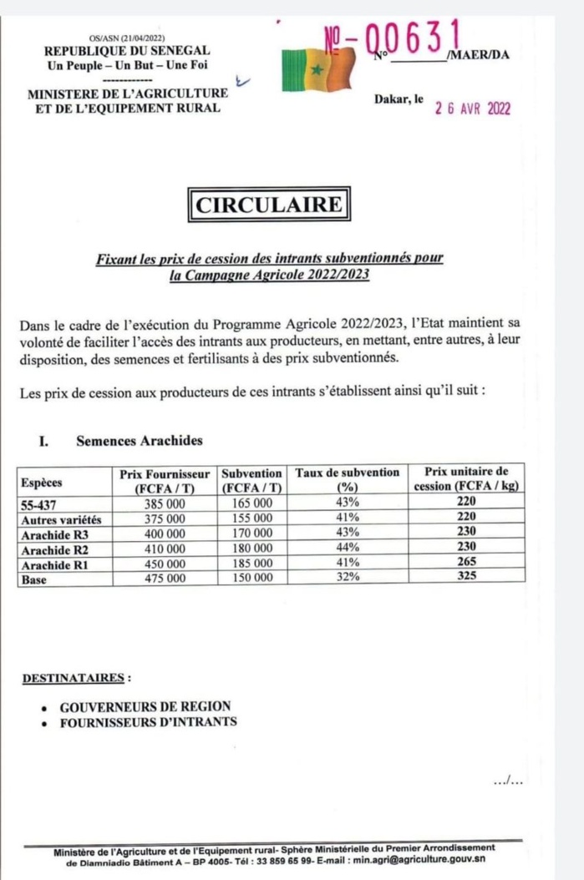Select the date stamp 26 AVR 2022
point(472,109)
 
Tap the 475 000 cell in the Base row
point(164,578)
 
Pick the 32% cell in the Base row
point(348,578)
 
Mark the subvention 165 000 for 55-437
point(252,503)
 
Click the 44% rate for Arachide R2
point(348,549)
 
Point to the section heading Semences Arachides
point(139,441)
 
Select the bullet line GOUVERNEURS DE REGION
point(145,706)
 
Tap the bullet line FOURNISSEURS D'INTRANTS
point(148,722)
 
